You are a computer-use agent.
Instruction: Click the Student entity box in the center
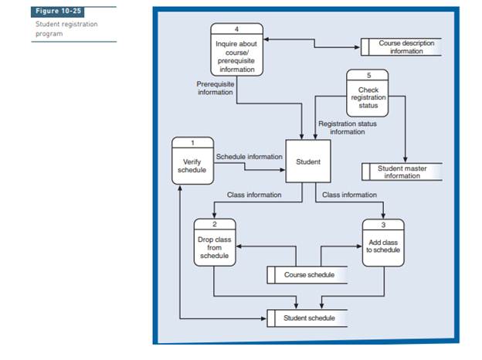tap(308, 162)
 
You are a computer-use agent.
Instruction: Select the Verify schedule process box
tap(192, 165)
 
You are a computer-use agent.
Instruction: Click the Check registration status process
tap(368, 97)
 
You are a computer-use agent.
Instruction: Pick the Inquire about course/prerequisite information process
tap(236, 53)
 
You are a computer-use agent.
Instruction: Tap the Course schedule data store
tap(307, 275)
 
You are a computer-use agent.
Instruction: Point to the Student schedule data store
tap(307, 318)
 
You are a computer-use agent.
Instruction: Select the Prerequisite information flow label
tap(216, 88)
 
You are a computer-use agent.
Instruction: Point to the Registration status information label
tap(348, 127)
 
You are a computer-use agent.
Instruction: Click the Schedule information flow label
tap(249, 156)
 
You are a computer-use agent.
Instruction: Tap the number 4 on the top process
tap(237, 28)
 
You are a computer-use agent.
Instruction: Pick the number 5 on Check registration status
tap(368, 75)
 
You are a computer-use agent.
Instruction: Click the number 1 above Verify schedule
tap(192, 142)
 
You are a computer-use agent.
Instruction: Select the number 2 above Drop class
tap(214, 223)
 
